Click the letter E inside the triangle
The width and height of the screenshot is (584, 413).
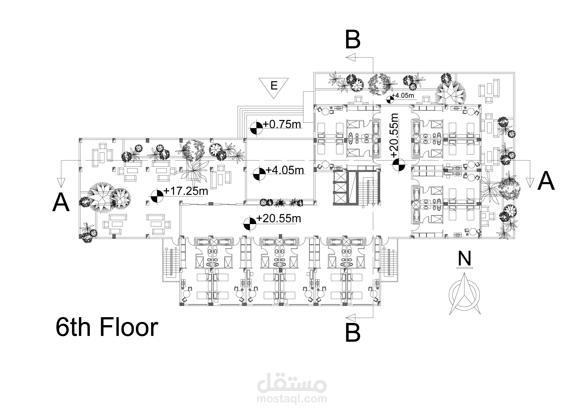tap(274, 86)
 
